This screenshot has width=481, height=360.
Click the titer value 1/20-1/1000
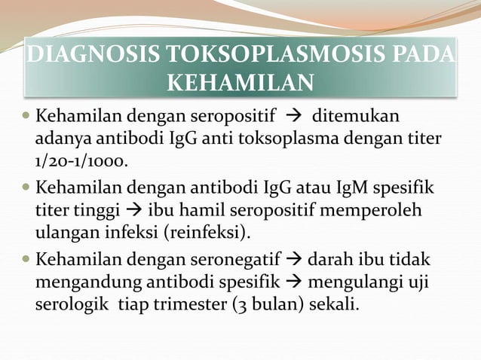tap(80, 162)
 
